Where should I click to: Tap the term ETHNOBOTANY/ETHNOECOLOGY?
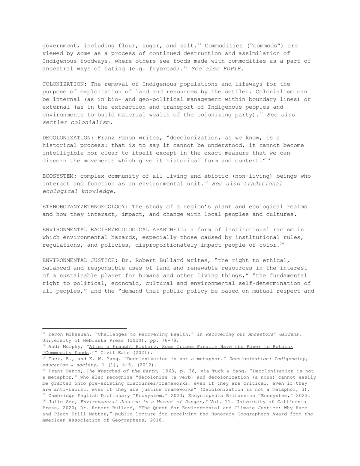tap(85, 207)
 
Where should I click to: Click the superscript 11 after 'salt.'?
tap(199, 44)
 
